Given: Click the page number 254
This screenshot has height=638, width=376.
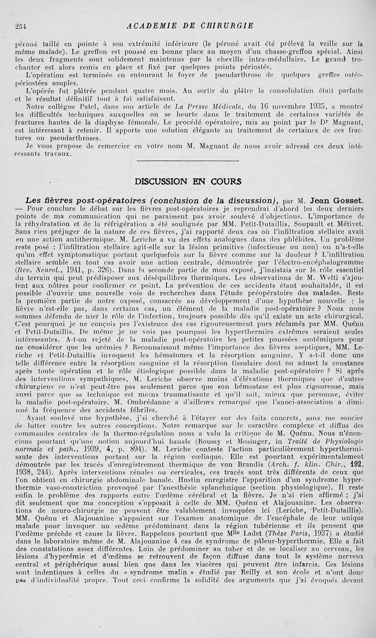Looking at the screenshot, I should pos(20,25).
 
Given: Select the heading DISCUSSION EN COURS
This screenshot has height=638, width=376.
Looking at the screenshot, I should pos(188,181).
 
